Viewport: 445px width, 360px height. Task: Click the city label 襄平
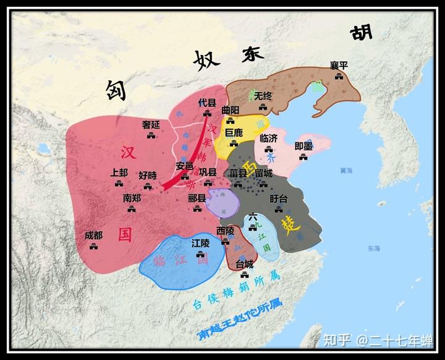pyautogui.click(x=338, y=65)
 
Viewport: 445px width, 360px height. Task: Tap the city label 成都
pyautogui.click(x=94, y=235)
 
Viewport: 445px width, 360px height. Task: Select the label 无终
pyautogui.click(x=263, y=96)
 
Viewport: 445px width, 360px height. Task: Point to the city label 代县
pyautogui.click(x=207, y=103)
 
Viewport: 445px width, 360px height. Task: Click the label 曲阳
pyautogui.click(x=229, y=109)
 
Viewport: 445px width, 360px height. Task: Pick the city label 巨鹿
pyautogui.click(x=234, y=132)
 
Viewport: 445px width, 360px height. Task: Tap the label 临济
pyautogui.click(x=269, y=138)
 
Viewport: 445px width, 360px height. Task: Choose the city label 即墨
pyautogui.click(x=303, y=146)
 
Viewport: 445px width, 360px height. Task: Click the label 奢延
pyautogui.click(x=151, y=124)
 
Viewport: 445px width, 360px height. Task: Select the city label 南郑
pyautogui.click(x=132, y=199)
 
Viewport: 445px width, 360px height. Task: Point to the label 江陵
pyautogui.click(x=201, y=243)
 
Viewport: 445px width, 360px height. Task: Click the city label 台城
pyautogui.click(x=244, y=264)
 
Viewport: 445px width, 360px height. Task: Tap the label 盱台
pyautogui.click(x=279, y=199)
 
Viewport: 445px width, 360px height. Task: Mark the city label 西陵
pyautogui.click(x=226, y=230)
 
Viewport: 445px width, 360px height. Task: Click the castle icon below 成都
pyautogui.click(x=94, y=246)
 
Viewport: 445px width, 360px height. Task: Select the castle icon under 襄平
pyautogui.click(x=338, y=75)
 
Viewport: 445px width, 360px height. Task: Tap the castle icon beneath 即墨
pyautogui.click(x=303, y=157)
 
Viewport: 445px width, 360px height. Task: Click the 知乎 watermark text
pyautogui.click(x=337, y=340)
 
